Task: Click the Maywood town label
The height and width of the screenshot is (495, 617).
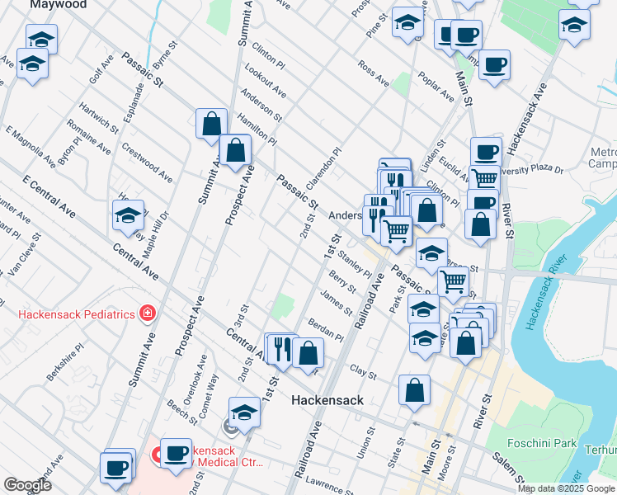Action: coord(59,5)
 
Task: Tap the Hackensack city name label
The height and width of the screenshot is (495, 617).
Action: coord(327,400)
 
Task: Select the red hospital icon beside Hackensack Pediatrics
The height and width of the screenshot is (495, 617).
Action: coord(147,313)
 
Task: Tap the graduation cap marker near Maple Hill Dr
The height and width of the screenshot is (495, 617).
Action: coord(128,217)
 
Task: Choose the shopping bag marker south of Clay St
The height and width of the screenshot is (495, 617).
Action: coord(414,392)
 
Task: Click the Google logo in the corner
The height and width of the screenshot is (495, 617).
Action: coord(27,485)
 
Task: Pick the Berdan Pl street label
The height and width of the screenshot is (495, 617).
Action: coord(325,331)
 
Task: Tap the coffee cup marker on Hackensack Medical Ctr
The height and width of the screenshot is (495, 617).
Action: coord(176,453)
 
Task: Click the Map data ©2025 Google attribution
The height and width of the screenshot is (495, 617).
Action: coord(566,488)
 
